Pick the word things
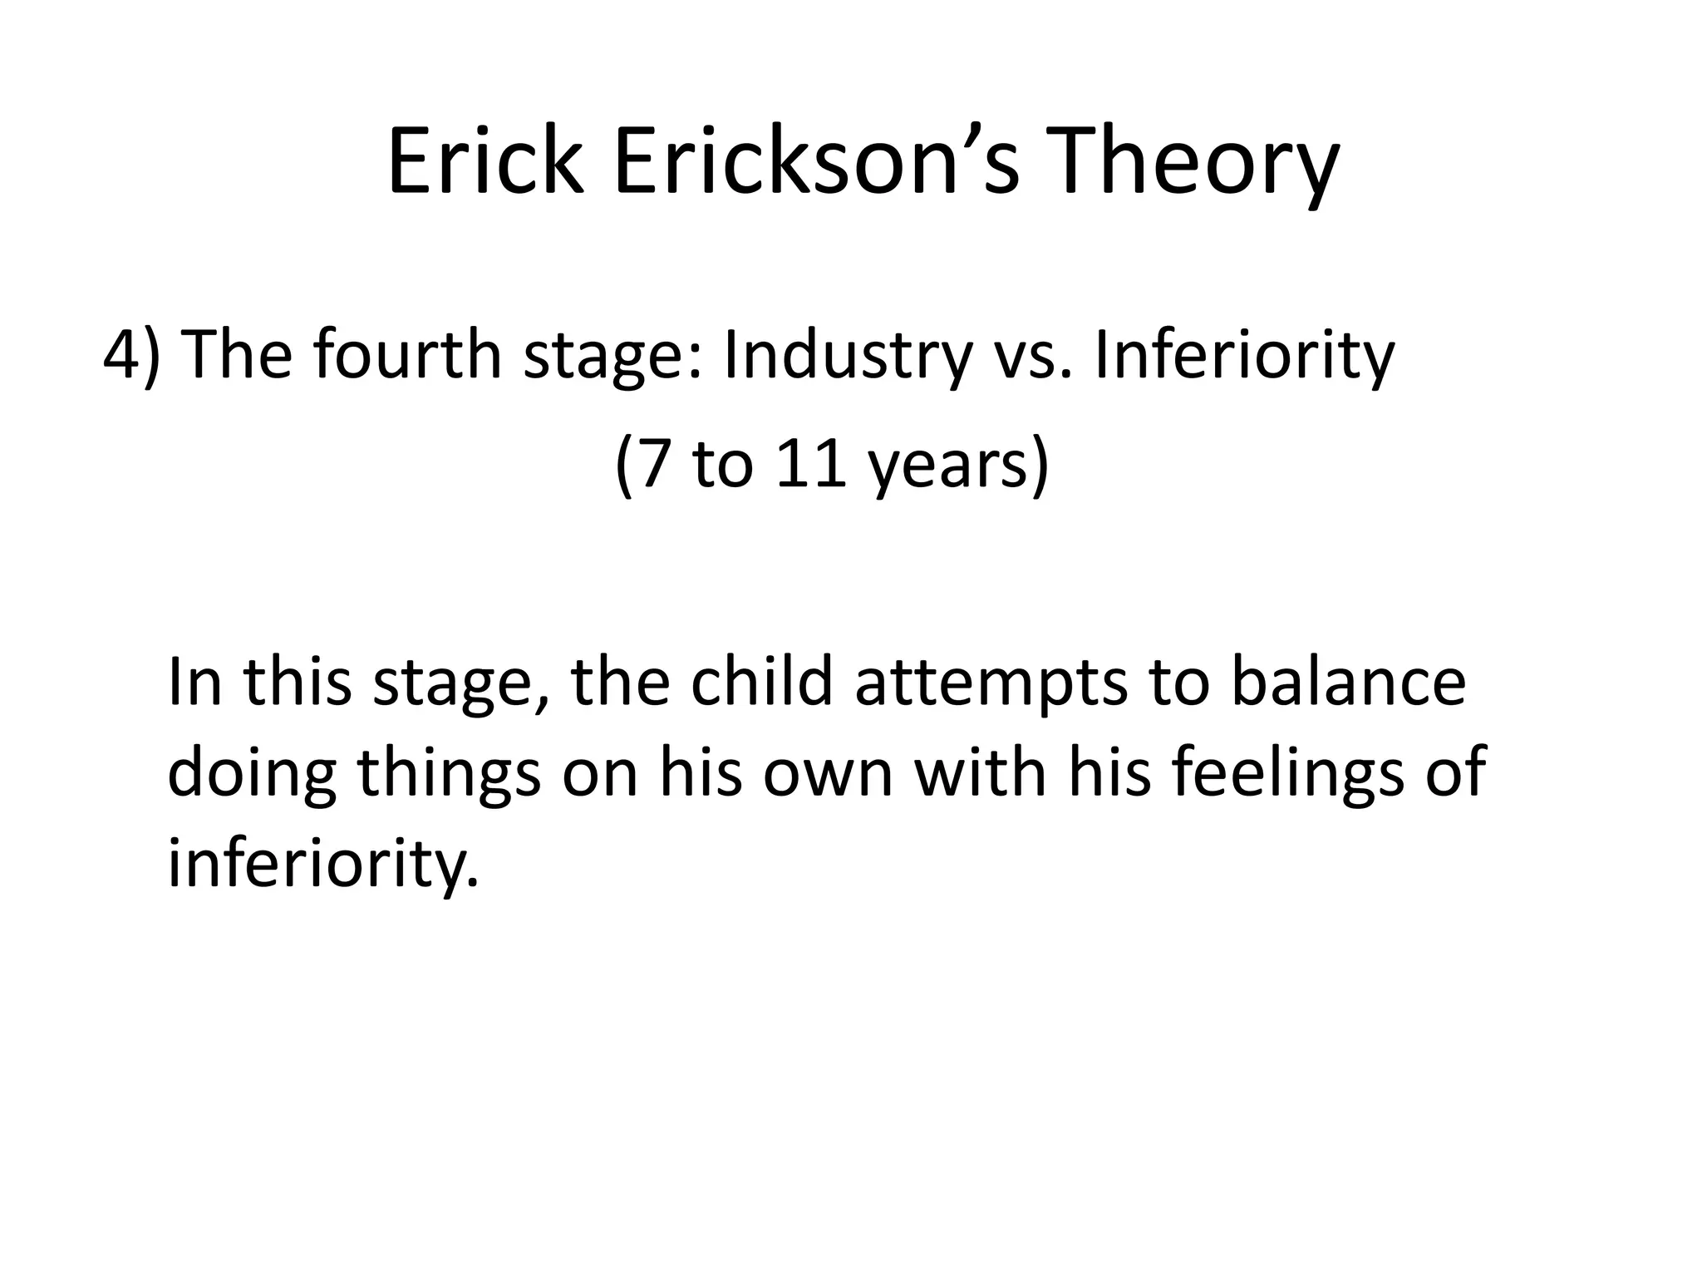tap(449, 773)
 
